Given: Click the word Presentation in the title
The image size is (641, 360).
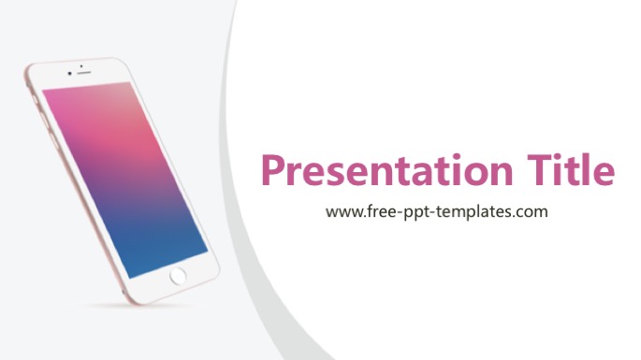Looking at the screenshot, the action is (x=386, y=170).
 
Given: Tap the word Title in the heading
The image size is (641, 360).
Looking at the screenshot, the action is (x=571, y=168).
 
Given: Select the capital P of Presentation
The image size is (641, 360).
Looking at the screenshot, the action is (x=272, y=169).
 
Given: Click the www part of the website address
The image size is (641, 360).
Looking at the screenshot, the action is (x=343, y=212).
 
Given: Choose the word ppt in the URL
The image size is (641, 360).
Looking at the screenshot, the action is (x=416, y=213).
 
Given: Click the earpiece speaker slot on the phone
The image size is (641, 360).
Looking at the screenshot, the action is (x=84, y=73).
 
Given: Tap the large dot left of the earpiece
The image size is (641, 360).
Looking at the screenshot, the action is (x=70, y=74).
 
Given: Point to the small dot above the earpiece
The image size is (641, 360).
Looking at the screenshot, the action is (x=81, y=65).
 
